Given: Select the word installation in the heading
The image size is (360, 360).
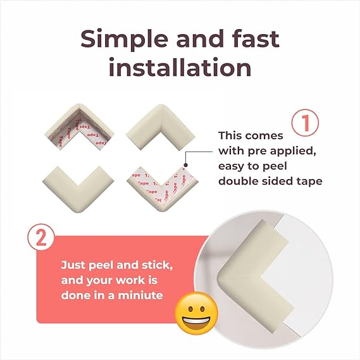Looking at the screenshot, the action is pos(180,67).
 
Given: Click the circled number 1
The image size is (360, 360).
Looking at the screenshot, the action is pos(305,123).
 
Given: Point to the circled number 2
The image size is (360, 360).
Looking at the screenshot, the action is pos(41,237).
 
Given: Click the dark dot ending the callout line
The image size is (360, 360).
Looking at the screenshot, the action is pos(186,165).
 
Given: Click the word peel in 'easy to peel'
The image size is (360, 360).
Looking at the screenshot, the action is pos(275,166).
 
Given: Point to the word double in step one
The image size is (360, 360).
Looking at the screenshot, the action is pos(237,181).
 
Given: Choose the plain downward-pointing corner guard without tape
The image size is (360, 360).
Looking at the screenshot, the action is pos(78,188).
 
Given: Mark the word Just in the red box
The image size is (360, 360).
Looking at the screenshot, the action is pos(73,265).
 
